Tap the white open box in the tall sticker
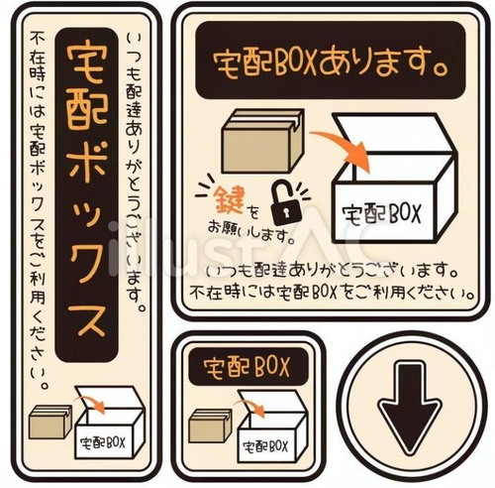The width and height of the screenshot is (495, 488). tap(107, 427)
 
